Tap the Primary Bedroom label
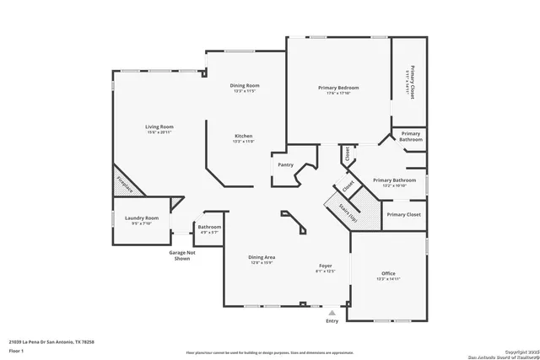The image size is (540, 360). click(338, 88)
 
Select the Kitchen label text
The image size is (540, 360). click(243, 136)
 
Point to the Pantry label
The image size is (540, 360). click(285, 164)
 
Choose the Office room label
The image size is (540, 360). click(388, 273)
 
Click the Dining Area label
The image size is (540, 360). click(262, 257)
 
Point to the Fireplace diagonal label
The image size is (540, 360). click(124, 183)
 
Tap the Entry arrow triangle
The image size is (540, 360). click(332, 312)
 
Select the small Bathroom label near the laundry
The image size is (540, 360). click(209, 227)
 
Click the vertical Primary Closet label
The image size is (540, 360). click(412, 83)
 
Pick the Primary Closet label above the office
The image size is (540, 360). click(403, 215)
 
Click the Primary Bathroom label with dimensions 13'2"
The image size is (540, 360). click(394, 180)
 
